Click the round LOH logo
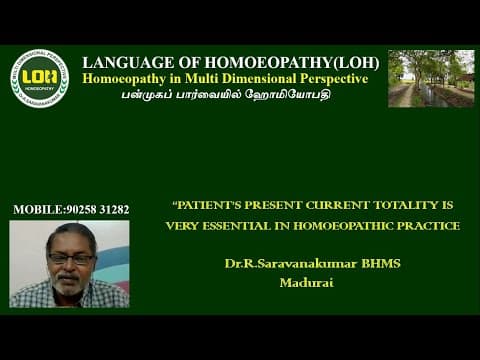[x=39, y=78]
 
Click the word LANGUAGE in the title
[x=125, y=61]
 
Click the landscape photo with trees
[x=430, y=78]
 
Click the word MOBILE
[x=37, y=209]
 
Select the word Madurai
[x=305, y=282]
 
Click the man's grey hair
[x=70, y=234]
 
